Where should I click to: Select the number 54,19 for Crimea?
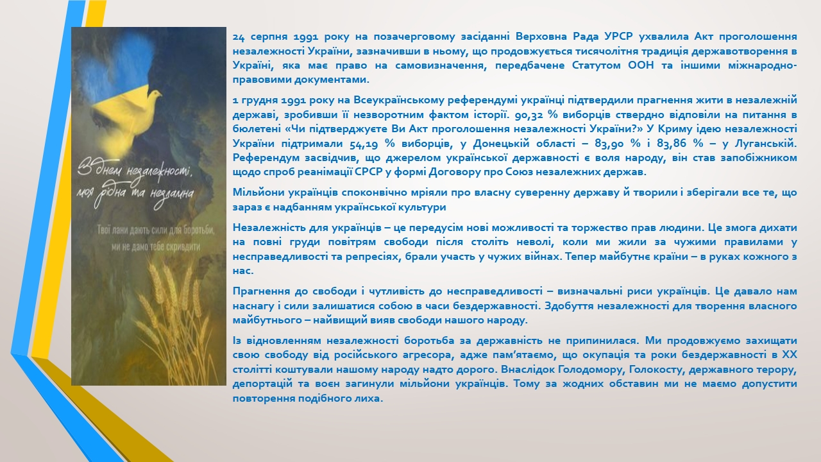coord(364,144)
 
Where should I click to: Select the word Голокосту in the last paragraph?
coord(656,369)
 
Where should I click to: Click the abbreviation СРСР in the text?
coord(368,172)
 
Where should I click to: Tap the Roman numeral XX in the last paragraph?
coord(789,355)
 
